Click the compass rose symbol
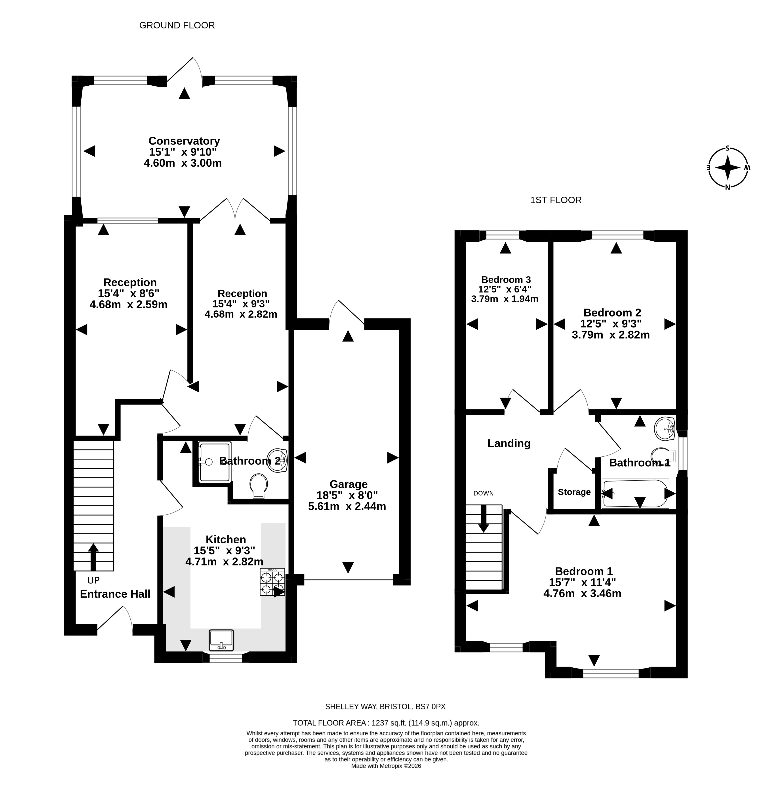[x=728, y=168]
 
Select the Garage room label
[x=348, y=484]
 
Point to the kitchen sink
[x=221, y=640]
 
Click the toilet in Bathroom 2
[x=259, y=486]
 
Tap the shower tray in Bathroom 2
[x=214, y=462]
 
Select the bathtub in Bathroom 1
[x=636, y=494]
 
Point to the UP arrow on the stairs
[x=93, y=557]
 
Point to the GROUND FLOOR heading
[x=177, y=25]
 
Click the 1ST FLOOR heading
[x=556, y=200]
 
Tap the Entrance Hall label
[x=115, y=594]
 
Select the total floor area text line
[x=386, y=723]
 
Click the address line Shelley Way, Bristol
[x=385, y=707]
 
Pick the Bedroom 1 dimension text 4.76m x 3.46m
[x=582, y=593]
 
